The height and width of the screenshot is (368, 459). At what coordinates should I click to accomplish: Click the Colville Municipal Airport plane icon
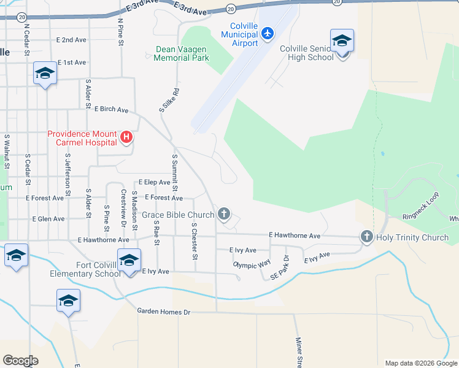click(x=267, y=33)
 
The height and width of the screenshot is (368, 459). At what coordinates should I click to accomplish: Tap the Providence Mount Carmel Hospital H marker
click(x=126, y=137)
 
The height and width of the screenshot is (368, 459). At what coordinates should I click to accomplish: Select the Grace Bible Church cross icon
click(x=225, y=214)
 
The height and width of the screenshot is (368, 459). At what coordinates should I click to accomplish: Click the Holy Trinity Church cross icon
click(x=367, y=237)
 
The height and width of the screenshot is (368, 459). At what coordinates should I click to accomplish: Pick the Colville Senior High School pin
click(x=342, y=42)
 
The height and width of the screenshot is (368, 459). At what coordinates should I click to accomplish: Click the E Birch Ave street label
click(x=111, y=109)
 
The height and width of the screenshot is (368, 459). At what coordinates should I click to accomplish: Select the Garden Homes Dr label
click(x=164, y=312)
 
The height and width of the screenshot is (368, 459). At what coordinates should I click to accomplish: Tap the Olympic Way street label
click(x=252, y=264)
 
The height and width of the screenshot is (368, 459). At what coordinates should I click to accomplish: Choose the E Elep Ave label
click(x=154, y=182)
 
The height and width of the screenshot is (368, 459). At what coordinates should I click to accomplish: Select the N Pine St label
click(x=121, y=33)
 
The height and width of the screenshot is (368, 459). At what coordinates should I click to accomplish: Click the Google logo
click(x=21, y=361)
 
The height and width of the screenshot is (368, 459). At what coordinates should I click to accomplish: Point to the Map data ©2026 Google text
click(x=420, y=363)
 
